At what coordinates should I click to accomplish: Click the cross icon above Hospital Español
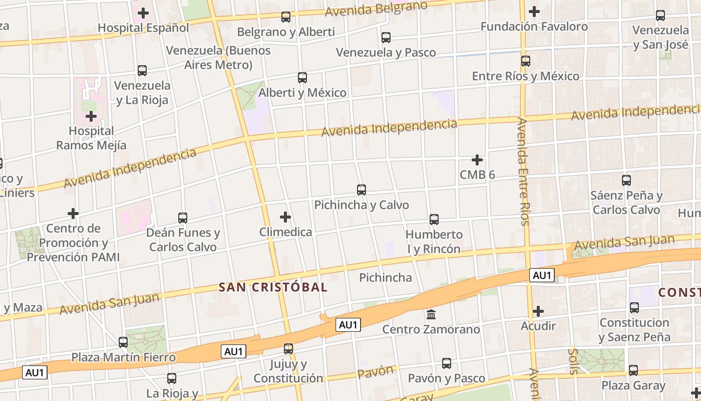coord(143,13)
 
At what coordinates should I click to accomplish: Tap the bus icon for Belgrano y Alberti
coord(285,17)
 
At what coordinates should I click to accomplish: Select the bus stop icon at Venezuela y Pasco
coord(386,38)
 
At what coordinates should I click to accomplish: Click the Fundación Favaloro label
coord(534,27)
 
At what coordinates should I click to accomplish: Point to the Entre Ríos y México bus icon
coord(525,61)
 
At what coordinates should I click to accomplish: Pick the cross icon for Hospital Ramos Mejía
coord(91,117)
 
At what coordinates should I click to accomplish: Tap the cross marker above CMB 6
coord(477,160)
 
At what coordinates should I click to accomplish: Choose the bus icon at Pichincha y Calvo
coord(361,190)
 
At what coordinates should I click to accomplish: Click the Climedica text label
coord(285,232)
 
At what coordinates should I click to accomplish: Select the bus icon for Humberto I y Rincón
coord(434,220)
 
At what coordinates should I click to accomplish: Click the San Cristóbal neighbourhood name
coord(273,287)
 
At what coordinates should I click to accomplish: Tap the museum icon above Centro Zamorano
coord(431,315)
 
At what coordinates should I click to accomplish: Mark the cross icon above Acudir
coord(538,311)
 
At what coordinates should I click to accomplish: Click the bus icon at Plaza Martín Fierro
coord(123,342)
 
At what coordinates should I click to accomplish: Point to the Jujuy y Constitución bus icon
coord(288,349)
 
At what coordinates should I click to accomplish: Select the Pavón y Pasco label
coord(446,378)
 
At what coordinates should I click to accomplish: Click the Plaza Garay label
coord(633,385)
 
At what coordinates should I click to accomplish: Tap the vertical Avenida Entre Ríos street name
coord(523,171)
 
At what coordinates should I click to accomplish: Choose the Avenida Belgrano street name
coord(376,9)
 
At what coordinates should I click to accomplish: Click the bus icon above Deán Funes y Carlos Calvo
coord(183,218)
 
